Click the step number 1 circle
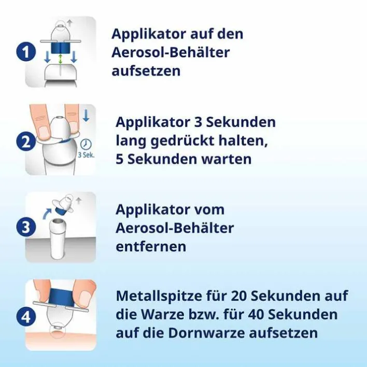pos(26,52)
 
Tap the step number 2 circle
pos(26,142)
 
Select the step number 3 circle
pos(26,228)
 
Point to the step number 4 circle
pos(26,317)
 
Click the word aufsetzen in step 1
pos(146,70)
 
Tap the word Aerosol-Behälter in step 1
pos(171,52)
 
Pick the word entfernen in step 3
pos(151,246)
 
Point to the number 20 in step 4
pos(239,296)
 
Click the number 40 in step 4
pos(256,314)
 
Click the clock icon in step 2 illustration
pos(86,144)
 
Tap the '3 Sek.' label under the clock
pos(86,154)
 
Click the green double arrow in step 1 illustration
pos(60,59)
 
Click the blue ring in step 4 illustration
pos(62,295)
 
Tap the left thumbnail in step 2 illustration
pos(44,132)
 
